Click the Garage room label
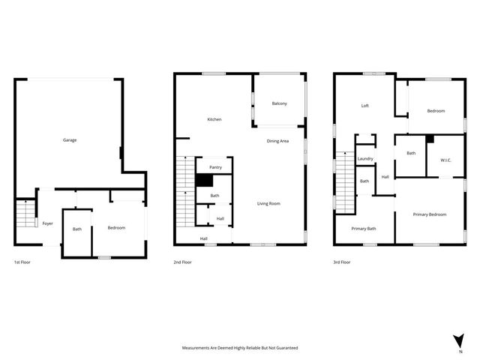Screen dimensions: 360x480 [70, 140]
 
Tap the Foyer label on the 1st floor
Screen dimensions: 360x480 [47, 223]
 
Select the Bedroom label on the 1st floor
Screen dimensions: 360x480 [116, 228]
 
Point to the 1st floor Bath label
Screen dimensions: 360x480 [77, 229]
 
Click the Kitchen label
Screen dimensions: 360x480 [214, 120]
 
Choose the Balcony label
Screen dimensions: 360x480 [280, 103]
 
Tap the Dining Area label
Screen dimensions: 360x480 [278, 141]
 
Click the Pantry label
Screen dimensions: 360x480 [215, 167]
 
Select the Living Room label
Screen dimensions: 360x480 [268, 203]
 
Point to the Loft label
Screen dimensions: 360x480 [365, 106]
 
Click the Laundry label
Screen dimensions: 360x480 [365, 159]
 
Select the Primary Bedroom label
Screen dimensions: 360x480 [430, 214]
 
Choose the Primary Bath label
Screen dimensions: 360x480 [364, 228]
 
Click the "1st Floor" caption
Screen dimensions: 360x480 [22, 262]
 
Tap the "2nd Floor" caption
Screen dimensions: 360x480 [183, 262]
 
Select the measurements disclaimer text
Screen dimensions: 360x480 [240, 348]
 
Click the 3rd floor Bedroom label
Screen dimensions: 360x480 [436, 111]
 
